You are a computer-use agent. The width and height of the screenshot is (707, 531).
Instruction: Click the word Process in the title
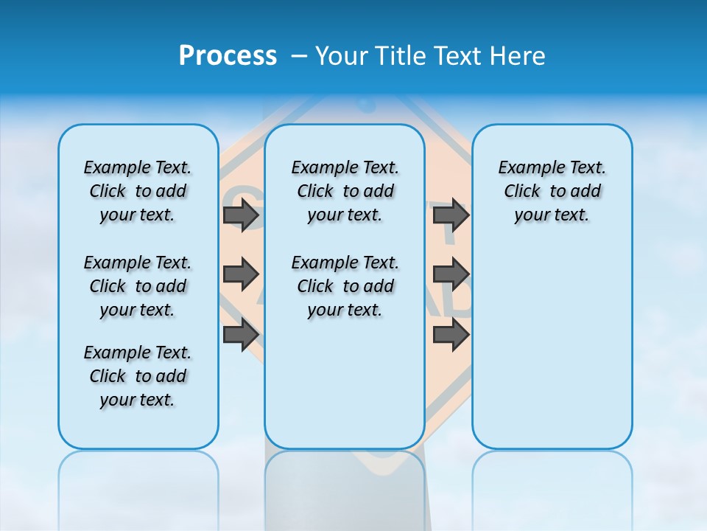tap(228, 56)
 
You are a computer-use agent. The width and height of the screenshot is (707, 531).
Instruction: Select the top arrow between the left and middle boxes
tap(241, 215)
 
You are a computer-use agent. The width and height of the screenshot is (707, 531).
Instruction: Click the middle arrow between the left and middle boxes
tap(241, 274)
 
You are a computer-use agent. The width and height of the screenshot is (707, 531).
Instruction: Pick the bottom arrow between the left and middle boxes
tap(241, 334)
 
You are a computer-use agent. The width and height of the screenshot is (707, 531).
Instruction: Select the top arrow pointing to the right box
tap(451, 215)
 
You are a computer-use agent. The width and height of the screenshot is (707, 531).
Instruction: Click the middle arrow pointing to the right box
tap(451, 274)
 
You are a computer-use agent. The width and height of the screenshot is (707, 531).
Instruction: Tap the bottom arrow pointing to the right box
tap(451, 334)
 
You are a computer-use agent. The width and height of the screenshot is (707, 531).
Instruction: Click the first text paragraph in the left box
tap(138, 191)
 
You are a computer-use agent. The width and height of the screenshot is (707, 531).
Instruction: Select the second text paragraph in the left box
tap(138, 286)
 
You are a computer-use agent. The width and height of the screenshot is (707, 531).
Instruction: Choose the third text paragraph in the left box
tap(138, 376)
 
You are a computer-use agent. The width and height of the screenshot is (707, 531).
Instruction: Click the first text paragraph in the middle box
tap(345, 191)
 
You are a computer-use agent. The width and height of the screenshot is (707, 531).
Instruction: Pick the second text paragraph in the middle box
tap(345, 286)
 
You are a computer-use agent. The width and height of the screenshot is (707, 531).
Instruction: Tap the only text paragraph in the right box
tap(552, 191)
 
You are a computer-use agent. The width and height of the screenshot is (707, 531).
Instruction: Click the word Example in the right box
tap(527, 168)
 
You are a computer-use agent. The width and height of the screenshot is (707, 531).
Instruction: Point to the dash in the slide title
tap(299, 56)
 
